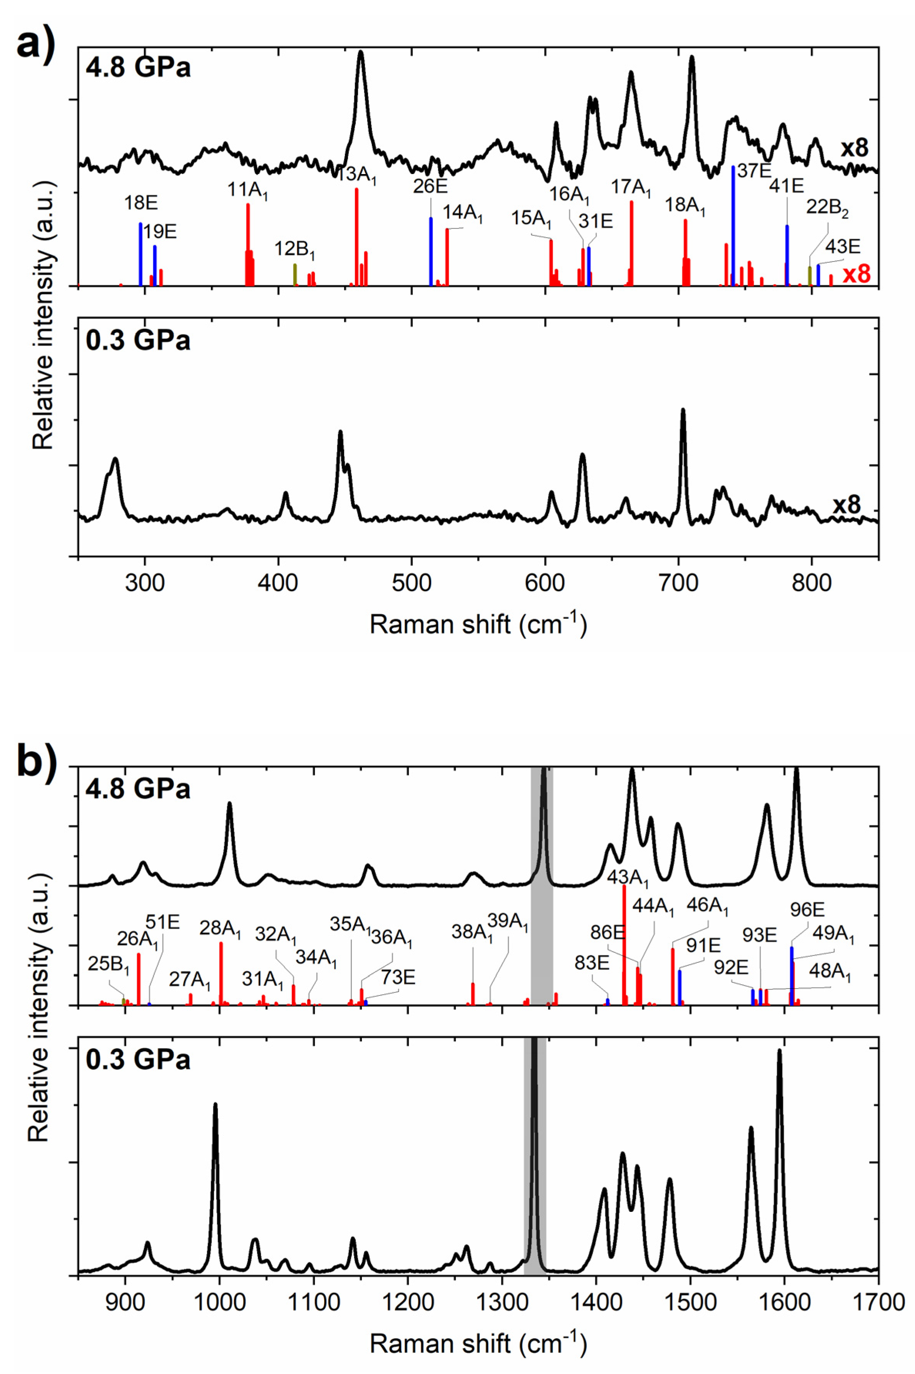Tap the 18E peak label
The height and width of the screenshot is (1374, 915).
coord(141,204)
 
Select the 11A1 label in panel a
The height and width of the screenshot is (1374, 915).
coord(248,190)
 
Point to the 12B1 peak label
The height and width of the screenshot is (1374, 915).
coord(295,250)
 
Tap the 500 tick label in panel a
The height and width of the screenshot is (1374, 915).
coord(412,583)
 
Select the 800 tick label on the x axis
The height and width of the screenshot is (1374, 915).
coord(812,583)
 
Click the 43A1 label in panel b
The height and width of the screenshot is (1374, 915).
coord(628,878)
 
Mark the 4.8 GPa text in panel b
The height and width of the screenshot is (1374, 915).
coord(138,789)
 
